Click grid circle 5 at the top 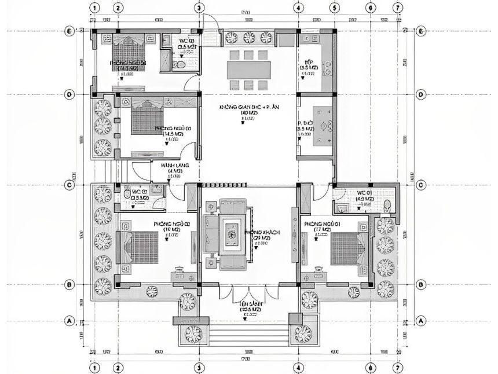pos(334,9)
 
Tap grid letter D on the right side pos(420,94)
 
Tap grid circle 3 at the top pos(199,9)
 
